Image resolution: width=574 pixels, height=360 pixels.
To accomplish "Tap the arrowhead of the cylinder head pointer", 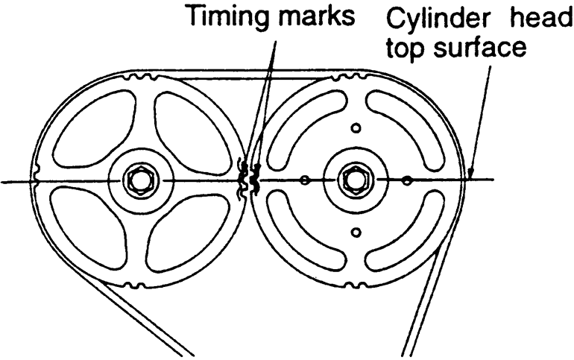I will click(x=470, y=174).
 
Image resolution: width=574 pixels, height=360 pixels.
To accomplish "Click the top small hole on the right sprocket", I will click(x=356, y=128).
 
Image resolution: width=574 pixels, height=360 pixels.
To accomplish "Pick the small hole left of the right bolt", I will click(x=304, y=180).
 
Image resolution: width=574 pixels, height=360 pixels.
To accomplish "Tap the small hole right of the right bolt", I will click(x=406, y=180).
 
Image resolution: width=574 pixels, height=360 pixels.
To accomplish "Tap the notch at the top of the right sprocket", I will click(x=350, y=78).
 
